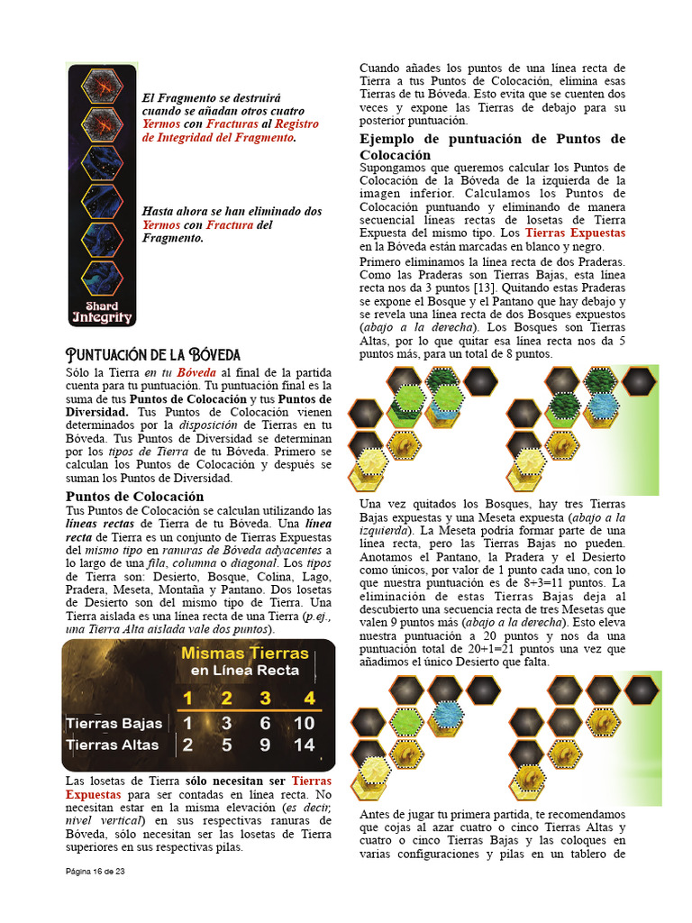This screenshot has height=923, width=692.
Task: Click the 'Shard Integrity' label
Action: [x=102, y=312]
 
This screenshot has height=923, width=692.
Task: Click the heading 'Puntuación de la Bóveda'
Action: [x=153, y=354]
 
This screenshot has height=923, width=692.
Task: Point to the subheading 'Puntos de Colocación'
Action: [x=135, y=496]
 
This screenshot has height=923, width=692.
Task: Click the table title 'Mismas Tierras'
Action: [x=244, y=653]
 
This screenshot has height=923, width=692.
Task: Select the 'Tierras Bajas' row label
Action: [x=113, y=723]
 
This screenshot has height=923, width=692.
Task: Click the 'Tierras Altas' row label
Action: [x=113, y=745]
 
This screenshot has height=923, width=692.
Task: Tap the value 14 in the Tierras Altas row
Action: [x=305, y=745]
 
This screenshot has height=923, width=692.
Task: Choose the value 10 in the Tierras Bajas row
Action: [x=305, y=723]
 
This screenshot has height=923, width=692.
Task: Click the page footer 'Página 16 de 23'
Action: [x=107, y=872]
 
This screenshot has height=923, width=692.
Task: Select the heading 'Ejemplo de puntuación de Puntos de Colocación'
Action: [x=492, y=147]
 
